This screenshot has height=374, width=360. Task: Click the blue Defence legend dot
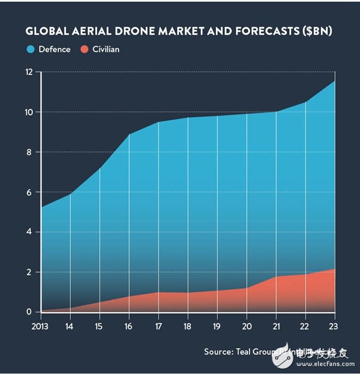(x=30, y=49)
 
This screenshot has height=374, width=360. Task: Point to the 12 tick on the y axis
(x=28, y=72)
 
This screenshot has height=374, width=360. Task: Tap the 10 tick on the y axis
(x=28, y=112)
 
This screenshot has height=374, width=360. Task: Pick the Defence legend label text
(x=54, y=49)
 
